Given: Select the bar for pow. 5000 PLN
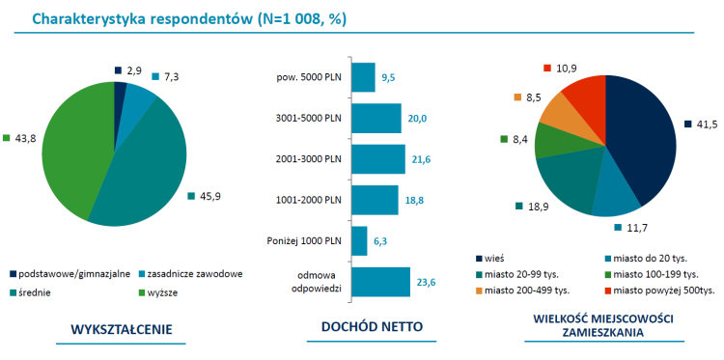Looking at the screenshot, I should [363, 77].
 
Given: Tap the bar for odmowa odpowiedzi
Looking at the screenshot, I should [380, 282].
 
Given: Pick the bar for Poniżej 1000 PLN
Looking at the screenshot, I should [359, 240].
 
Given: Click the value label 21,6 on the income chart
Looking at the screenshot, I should [422, 158].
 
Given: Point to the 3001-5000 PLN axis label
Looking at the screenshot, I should [311, 118].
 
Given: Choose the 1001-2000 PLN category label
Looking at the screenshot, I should [311, 200].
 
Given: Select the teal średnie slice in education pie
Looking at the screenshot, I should [145, 174].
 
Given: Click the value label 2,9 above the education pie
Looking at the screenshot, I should [133, 69].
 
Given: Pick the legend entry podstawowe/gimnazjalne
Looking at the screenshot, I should [69, 274].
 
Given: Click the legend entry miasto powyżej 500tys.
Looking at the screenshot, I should [662, 290].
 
